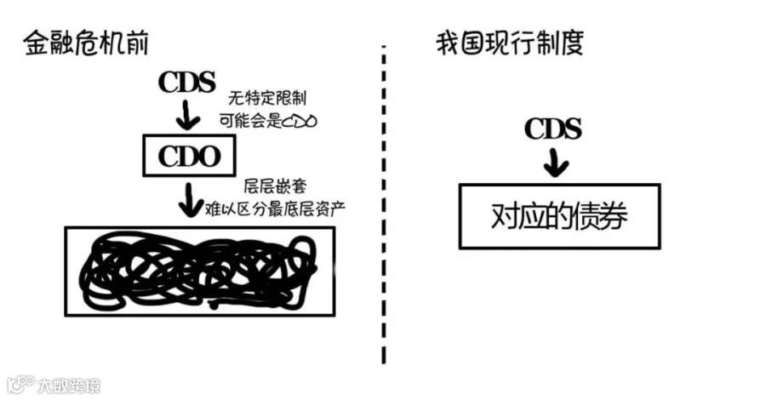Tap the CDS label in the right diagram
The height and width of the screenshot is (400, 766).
(553, 129)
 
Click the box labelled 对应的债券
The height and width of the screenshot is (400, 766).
(559, 216)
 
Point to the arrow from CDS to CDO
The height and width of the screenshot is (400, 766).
(189, 115)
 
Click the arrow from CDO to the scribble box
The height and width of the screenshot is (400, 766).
(189, 201)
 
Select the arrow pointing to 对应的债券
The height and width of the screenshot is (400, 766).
(555, 162)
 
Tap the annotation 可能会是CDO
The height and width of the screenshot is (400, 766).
(267, 120)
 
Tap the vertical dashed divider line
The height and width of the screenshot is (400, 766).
(383, 204)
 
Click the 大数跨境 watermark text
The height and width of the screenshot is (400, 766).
(68, 385)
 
